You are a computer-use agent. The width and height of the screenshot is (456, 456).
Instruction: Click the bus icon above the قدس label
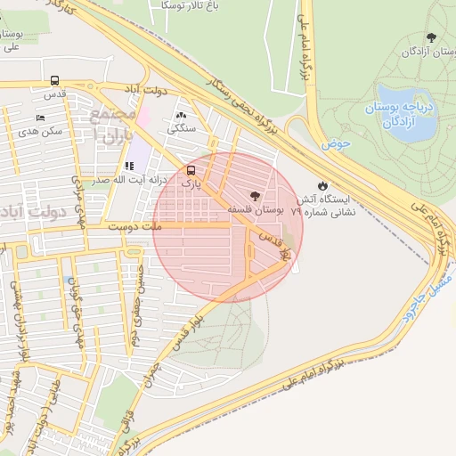click(56, 79)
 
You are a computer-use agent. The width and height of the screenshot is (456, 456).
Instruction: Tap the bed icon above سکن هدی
click(39, 118)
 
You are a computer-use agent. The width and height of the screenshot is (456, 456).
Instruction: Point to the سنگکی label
click(182, 128)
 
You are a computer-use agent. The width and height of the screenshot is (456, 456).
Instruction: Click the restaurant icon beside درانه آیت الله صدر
click(129, 166)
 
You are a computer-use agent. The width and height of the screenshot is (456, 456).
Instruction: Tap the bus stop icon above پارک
click(191, 170)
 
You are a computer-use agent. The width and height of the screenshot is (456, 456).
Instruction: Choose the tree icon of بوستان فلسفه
click(256, 196)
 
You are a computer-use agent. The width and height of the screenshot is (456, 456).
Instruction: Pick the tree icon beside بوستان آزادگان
click(432, 37)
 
